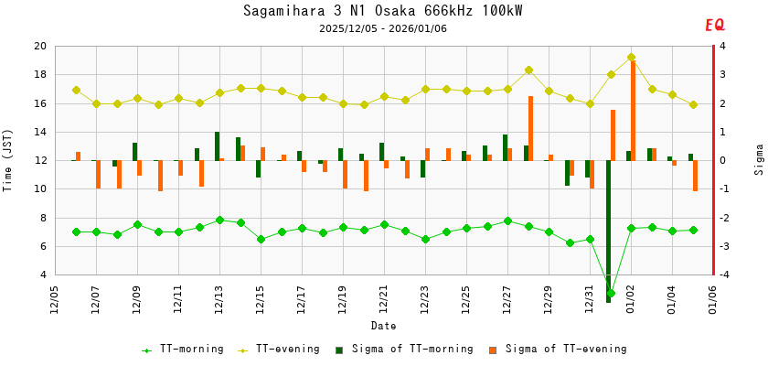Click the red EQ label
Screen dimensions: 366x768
tap(714, 26)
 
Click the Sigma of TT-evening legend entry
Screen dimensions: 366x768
tap(563, 349)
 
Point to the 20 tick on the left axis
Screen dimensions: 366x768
tap(39, 47)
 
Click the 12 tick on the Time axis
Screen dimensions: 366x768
tap(39, 161)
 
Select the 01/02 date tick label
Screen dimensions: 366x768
tap(631, 299)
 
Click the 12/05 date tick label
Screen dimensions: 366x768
tap(55, 299)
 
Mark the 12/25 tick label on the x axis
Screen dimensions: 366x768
tap(466, 299)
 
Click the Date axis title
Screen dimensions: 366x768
tap(383, 326)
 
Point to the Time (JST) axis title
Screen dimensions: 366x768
tap(8, 160)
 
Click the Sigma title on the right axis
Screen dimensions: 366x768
tap(759, 159)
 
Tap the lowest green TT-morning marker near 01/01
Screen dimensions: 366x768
tap(611, 294)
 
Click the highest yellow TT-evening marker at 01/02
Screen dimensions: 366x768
tap(631, 58)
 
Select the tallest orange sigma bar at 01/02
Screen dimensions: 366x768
tap(633, 110)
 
